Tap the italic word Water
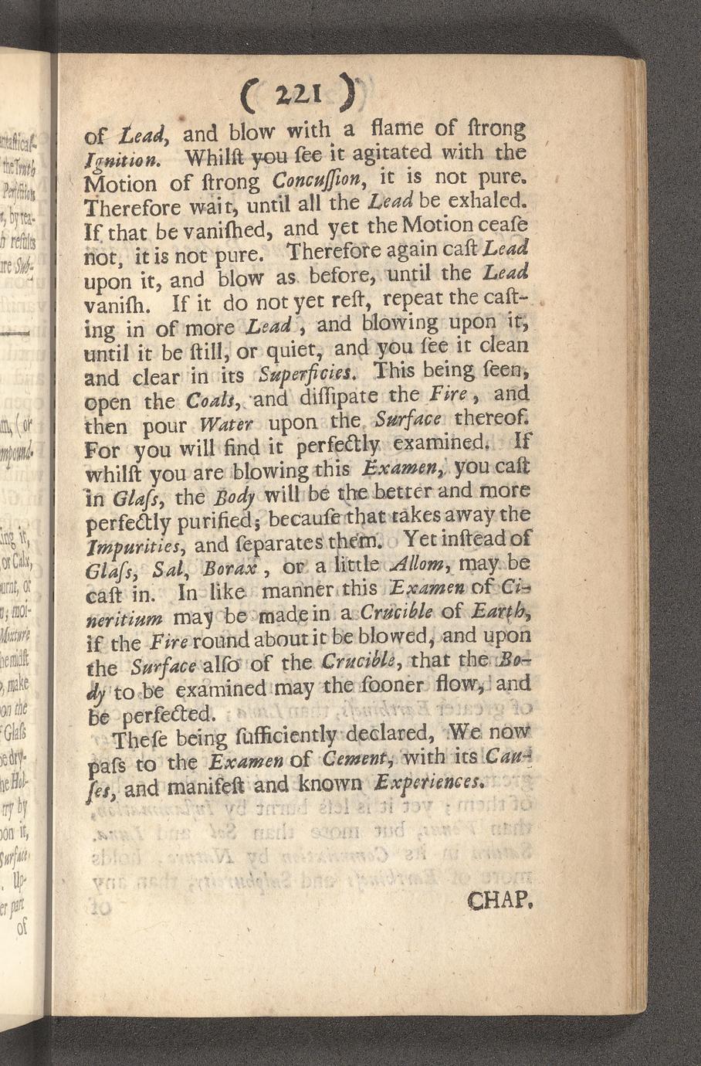(223, 426)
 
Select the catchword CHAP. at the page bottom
(498, 900)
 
